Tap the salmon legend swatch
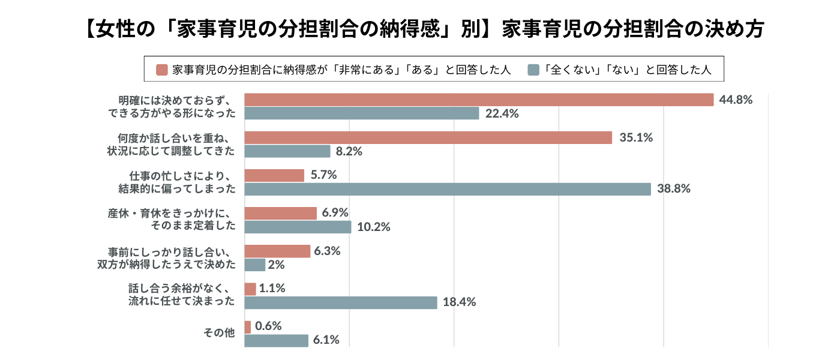coord(161,70)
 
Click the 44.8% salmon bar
coord(479,100)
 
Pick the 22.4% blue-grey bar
coord(362,113)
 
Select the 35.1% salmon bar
coord(428,137)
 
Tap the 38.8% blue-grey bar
coord(448,189)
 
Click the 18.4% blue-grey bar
coord(341,302)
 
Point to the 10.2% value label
coord(373,227)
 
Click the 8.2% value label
coord(349,151)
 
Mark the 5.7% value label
coord(323,175)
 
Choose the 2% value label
coord(277,265)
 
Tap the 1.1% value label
coord(272,289)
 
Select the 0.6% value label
coord(268,326)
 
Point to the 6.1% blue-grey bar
coord(277,340)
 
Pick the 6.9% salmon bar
coord(281,213)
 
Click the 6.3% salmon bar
coord(278,251)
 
